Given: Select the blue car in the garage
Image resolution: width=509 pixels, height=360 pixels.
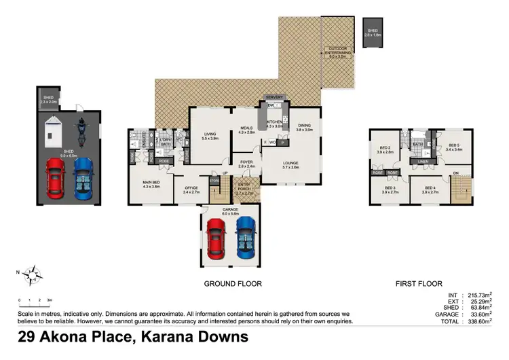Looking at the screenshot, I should coord(245,237).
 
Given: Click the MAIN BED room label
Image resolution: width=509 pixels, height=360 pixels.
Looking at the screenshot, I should coord(151,183).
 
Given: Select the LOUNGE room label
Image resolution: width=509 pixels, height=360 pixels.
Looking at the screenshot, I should coord(291,164).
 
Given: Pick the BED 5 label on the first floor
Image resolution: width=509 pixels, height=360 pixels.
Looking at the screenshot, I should coord(454,146).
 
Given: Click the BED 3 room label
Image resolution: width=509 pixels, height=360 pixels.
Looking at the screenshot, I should coord(390,190).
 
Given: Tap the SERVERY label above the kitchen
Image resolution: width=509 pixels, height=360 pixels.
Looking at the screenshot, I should coord(274,97).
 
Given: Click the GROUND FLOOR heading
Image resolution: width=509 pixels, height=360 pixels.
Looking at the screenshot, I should coord(233,284).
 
